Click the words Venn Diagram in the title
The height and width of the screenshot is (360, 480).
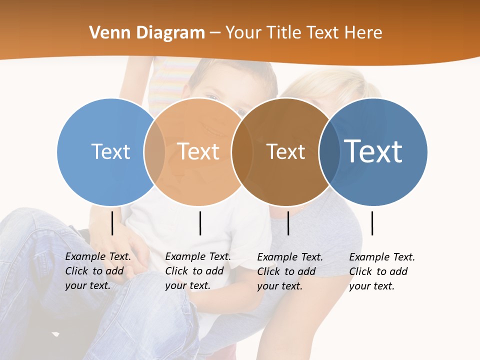(x=147, y=33)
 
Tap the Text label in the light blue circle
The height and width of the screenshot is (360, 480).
(x=110, y=151)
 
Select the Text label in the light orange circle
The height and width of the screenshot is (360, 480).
(x=198, y=151)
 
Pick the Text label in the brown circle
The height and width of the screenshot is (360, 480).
(x=285, y=151)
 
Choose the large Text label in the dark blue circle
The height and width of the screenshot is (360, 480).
(x=373, y=151)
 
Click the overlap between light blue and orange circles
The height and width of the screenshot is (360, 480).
(x=154, y=151)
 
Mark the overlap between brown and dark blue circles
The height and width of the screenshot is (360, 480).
(x=329, y=151)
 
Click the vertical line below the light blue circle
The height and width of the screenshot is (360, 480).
(x=112, y=223)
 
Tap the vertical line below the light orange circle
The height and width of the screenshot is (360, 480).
(x=200, y=223)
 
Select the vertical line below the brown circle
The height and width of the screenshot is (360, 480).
(x=288, y=223)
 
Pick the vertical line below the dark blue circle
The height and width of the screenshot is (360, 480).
(x=372, y=223)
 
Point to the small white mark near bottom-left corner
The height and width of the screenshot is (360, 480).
(x=55, y=333)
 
